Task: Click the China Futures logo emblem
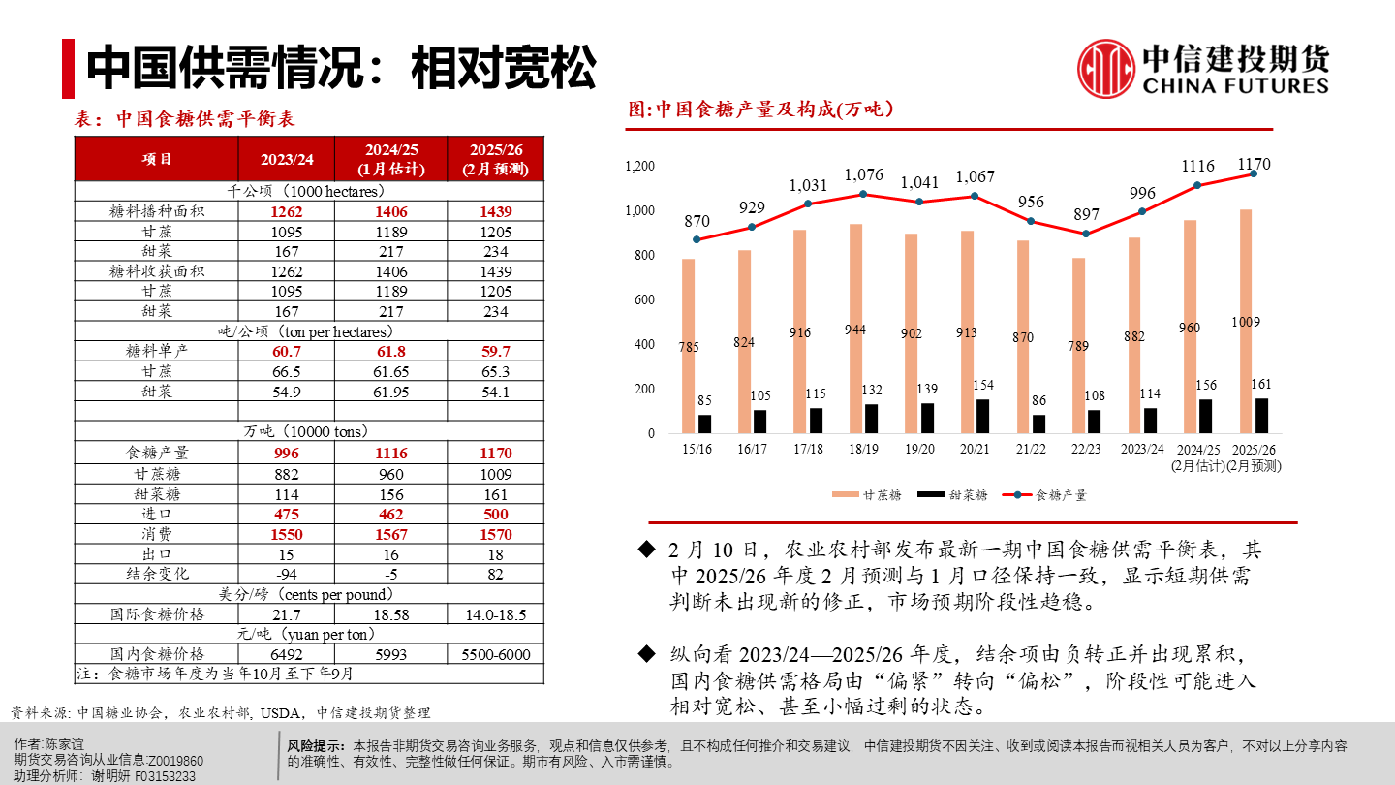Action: pyautogui.click(x=1106, y=68)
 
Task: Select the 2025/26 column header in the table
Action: pyautogui.click(x=496, y=159)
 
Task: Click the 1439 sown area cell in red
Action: pyautogui.click(x=496, y=211)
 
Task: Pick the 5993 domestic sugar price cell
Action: pyautogui.click(x=390, y=654)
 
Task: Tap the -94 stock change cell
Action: pyautogui.click(x=287, y=574)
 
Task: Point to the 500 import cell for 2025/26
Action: pyautogui.click(x=496, y=514)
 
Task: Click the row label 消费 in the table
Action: pyautogui.click(x=156, y=534)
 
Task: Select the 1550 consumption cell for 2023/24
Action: pyautogui.click(x=287, y=534)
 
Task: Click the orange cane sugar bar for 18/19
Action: pyautogui.click(x=855, y=330)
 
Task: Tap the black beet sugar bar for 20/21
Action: pyautogui.click(x=982, y=417)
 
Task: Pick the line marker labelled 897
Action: pyautogui.click(x=1086, y=234)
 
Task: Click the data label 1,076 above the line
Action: pyautogui.click(x=863, y=175)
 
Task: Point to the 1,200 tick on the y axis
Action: pyautogui.click(x=640, y=167)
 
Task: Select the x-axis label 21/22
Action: pyautogui.click(x=1030, y=450)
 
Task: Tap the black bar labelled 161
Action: pyautogui.click(x=1261, y=417)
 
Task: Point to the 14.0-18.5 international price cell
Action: pyautogui.click(x=496, y=614)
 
